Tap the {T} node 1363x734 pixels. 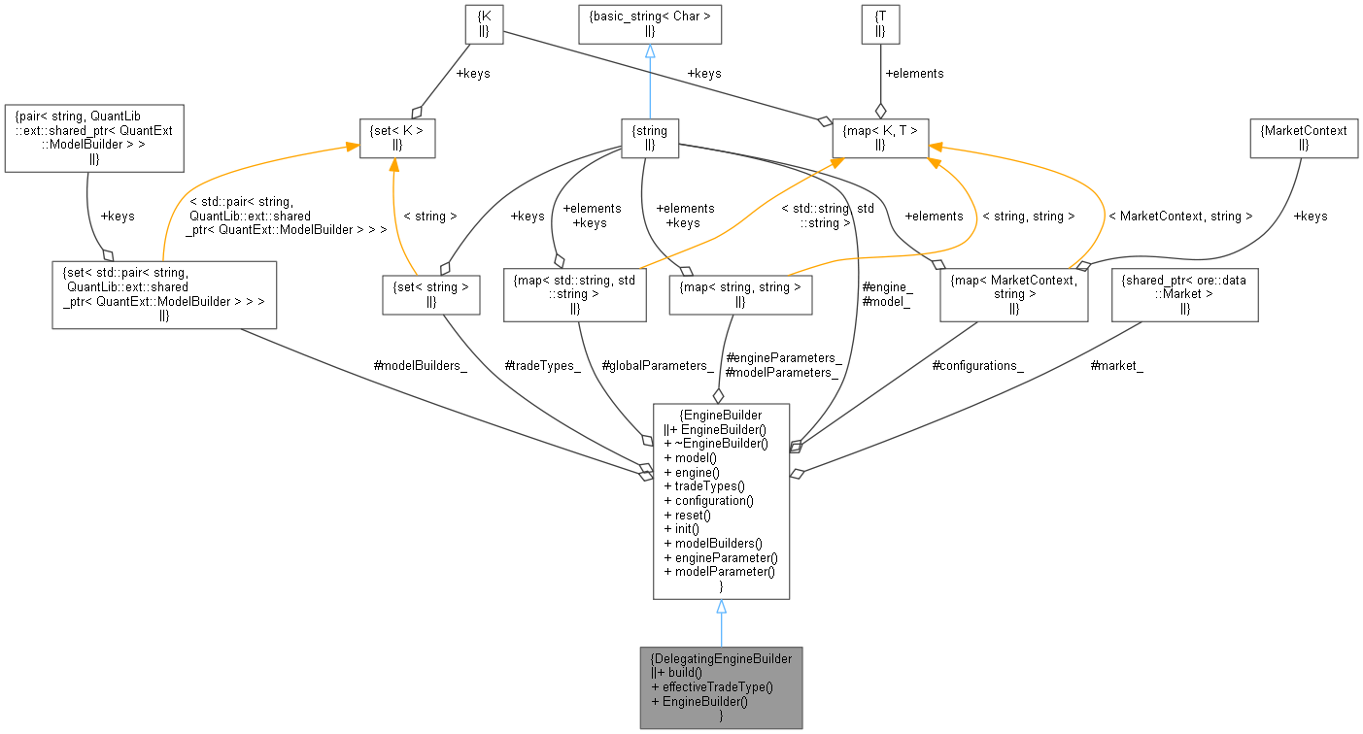point(880,23)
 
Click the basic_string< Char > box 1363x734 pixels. point(650,23)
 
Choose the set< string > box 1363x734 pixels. point(430,294)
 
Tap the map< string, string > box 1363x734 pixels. point(740,294)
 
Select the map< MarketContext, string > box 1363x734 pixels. point(1013,294)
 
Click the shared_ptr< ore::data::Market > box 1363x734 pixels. point(1184,294)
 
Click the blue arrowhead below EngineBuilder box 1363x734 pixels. point(721,607)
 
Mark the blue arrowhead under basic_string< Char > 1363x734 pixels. point(650,51)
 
